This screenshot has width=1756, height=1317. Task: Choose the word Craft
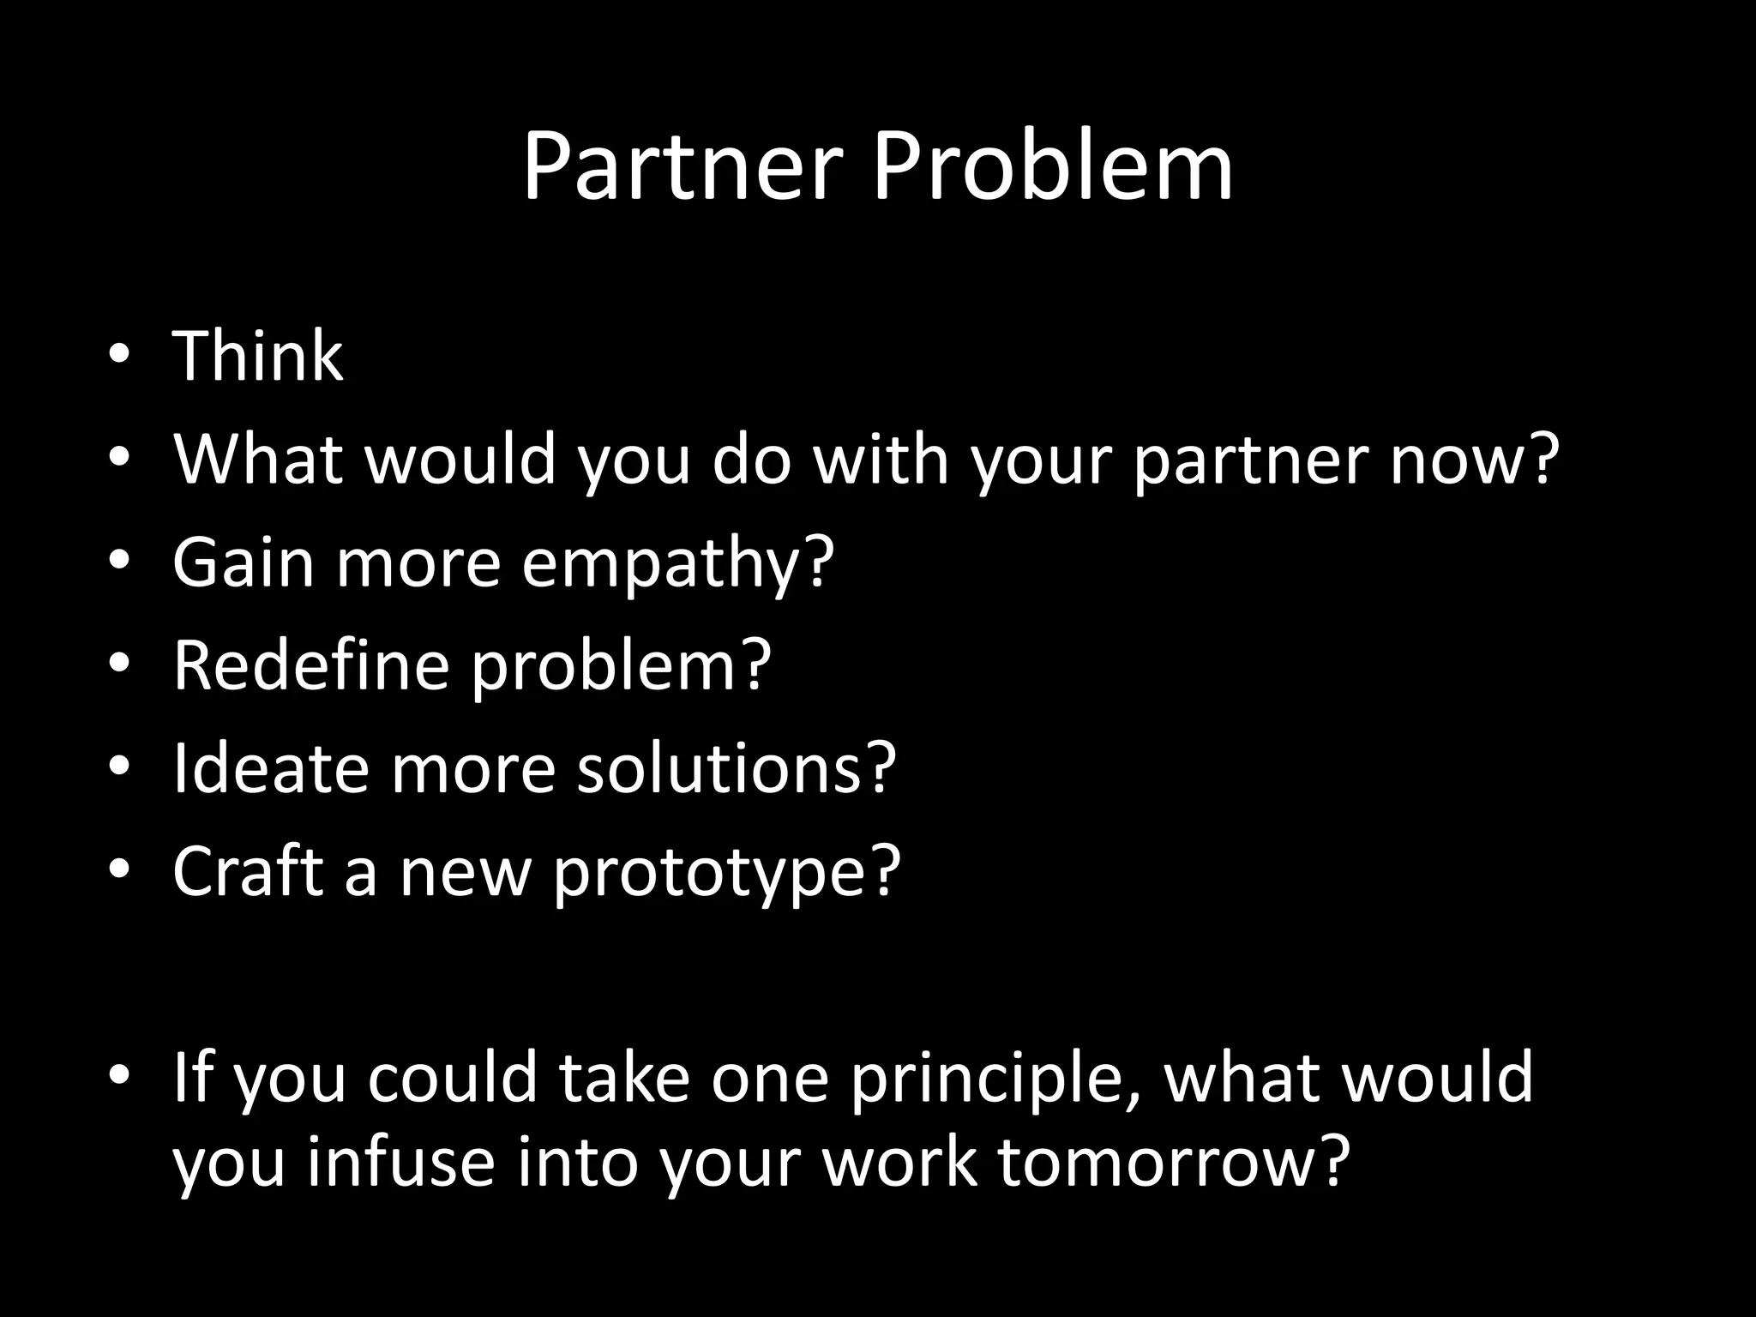248,870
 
